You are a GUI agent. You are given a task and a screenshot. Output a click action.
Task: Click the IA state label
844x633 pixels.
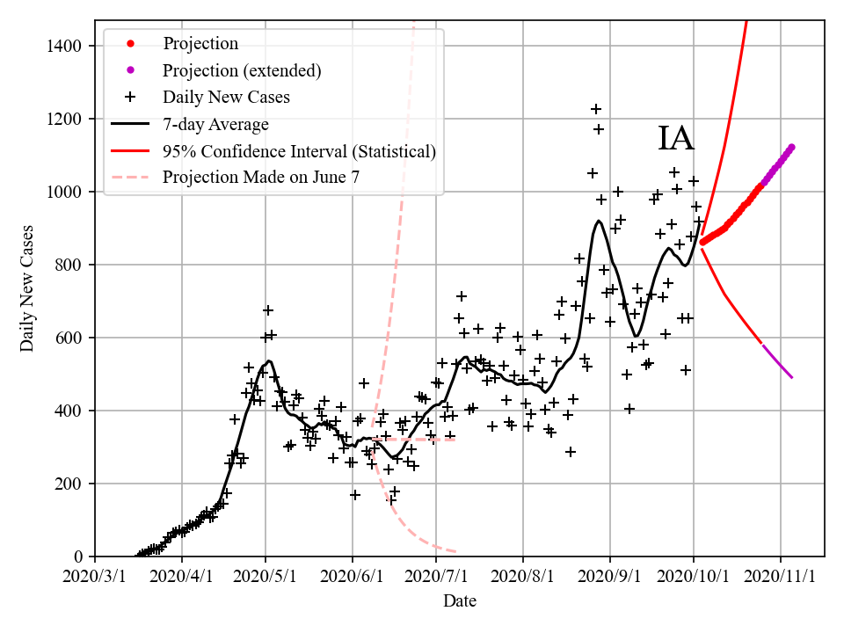pos(676,139)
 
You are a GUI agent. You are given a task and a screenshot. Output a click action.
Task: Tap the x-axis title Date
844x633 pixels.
pos(460,601)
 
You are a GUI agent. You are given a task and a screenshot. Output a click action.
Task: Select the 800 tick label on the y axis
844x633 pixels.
pos(70,265)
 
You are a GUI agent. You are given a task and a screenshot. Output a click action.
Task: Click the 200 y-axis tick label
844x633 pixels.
pos(70,484)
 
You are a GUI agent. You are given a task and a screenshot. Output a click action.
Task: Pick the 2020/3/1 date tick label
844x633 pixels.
pos(96,577)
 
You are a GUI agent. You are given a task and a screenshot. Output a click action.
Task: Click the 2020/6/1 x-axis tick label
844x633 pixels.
pos(353,577)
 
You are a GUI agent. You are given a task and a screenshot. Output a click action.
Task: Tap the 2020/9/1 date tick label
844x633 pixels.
pos(609,577)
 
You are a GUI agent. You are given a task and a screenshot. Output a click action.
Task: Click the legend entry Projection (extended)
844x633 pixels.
pos(242,70)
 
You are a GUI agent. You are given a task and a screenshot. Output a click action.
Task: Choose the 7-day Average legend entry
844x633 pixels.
pos(215,124)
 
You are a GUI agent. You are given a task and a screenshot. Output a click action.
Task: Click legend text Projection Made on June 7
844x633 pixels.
pos(261,178)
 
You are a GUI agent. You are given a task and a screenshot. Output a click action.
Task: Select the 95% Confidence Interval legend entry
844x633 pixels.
pos(299,151)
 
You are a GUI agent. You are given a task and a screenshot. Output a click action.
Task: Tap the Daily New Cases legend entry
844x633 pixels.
pos(226,97)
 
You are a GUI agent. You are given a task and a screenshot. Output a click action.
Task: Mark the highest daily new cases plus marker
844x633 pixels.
pos(596,109)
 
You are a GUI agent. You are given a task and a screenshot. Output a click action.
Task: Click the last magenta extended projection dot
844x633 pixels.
pos(791,148)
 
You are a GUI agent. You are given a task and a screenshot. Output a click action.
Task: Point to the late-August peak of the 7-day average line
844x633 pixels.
pos(599,222)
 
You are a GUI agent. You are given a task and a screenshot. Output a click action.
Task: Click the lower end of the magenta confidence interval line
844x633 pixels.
pos(791,377)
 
